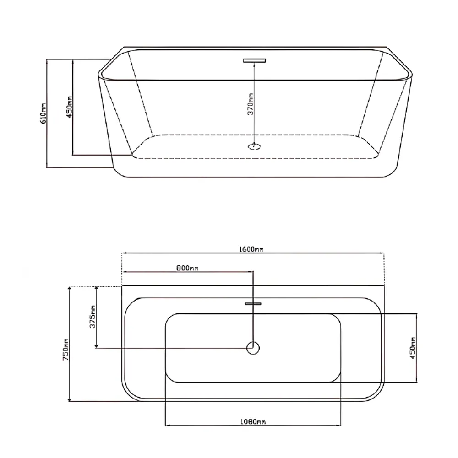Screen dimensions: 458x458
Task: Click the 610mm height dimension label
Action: [x=43, y=113]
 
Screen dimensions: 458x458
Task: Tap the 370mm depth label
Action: [x=251, y=104]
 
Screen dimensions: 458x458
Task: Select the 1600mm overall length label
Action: [x=251, y=249]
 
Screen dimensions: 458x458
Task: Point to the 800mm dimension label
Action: [x=187, y=268]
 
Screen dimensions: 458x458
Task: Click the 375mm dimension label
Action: [x=93, y=317]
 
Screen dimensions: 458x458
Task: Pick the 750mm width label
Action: [x=66, y=350]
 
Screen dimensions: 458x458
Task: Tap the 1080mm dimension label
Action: [x=253, y=422]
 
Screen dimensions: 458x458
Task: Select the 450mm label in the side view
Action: [x=69, y=107]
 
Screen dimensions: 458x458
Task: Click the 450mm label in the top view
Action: [x=413, y=348]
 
